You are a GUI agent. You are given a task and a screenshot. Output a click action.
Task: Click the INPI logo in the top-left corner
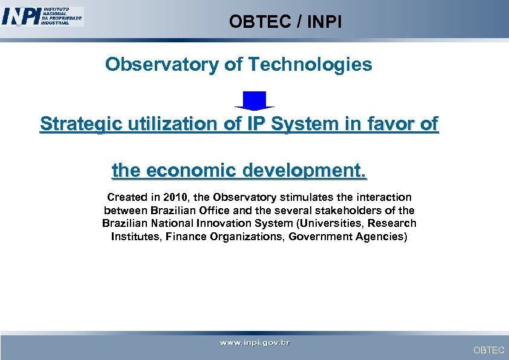(42, 16)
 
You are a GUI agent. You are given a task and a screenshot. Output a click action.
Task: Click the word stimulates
(306, 197)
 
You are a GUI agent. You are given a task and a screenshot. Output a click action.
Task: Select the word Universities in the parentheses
(328, 223)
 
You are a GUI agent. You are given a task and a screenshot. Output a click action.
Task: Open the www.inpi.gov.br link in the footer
(254, 343)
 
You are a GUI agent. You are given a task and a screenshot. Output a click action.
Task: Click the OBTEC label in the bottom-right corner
(488, 350)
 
